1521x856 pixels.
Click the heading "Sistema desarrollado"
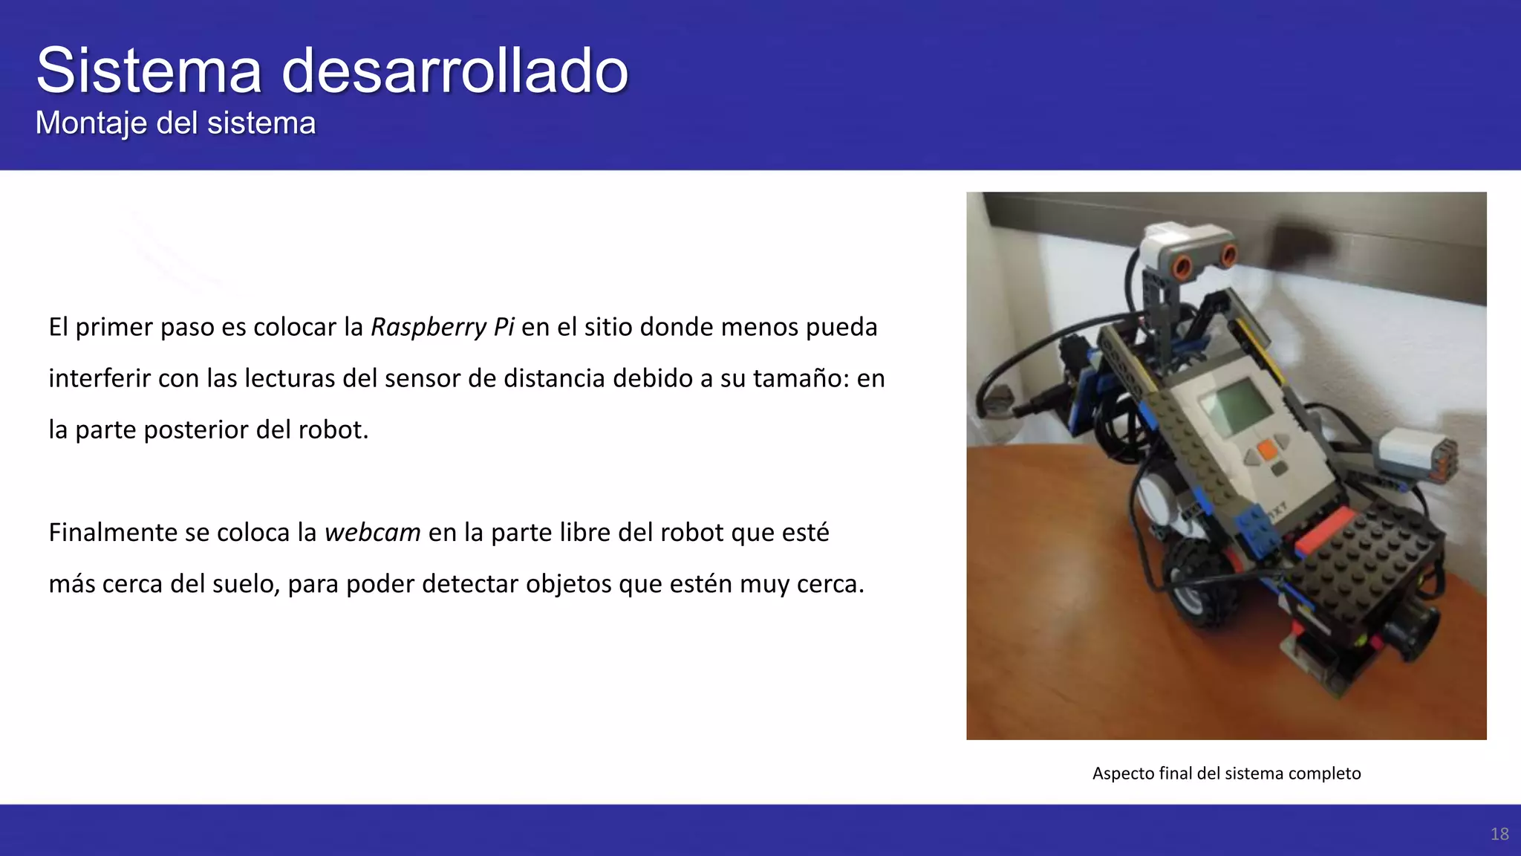point(332,71)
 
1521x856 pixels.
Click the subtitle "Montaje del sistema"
point(175,123)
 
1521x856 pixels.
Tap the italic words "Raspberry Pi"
point(442,327)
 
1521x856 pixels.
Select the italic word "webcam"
point(372,533)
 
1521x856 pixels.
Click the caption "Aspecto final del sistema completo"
point(1226,774)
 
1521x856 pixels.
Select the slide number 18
point(1499,834)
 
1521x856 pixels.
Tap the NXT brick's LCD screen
point(1237,406)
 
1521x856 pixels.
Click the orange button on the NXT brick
point(1267,449)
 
